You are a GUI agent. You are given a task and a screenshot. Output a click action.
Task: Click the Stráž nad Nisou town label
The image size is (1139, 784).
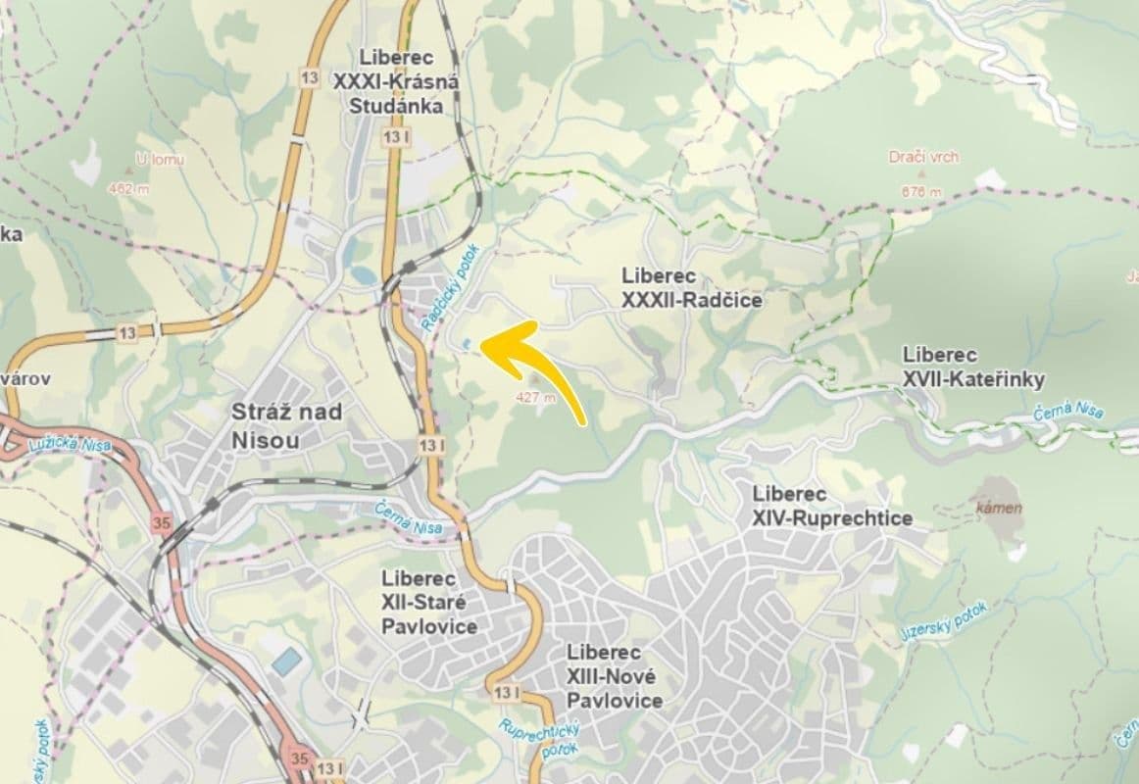(286, 425)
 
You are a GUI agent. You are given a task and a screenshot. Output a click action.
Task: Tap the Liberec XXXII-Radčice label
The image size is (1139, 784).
(691, 288)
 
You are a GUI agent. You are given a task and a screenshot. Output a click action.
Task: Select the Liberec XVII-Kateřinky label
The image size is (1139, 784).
(973, 367)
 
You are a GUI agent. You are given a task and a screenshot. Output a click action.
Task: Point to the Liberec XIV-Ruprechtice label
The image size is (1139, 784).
(831, 507)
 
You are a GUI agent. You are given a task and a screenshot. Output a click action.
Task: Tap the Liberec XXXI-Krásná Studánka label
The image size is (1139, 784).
(396, 81)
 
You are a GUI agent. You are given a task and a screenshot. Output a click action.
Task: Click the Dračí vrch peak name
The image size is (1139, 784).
(923, 157)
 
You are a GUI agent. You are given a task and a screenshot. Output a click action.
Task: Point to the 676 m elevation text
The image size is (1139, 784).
(920, 192)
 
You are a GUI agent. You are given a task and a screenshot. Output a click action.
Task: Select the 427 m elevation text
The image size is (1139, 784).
(535, 398)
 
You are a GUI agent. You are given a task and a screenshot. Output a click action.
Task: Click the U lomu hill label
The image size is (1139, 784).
(160, 159)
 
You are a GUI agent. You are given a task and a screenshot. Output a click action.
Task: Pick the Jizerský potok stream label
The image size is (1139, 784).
(944, 620)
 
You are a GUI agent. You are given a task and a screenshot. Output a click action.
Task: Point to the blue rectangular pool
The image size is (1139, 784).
(286, 661)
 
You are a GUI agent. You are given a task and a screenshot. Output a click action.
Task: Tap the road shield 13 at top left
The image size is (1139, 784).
(308, 78)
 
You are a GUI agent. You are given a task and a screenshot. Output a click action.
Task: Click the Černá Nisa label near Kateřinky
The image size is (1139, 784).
(1068, 409)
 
